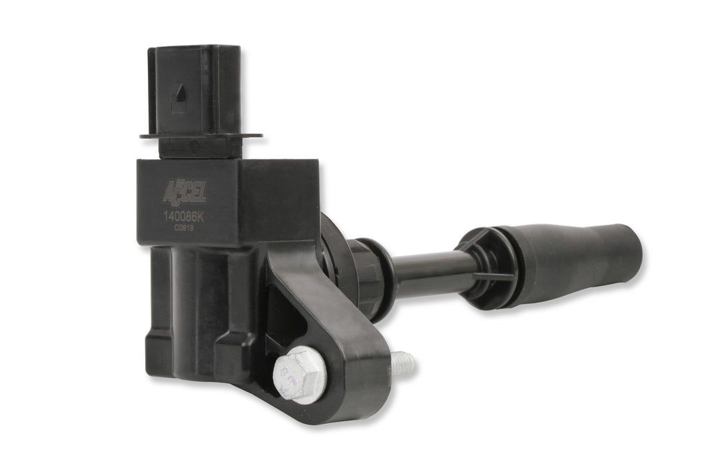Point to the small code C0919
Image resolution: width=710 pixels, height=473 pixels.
click(184, 227)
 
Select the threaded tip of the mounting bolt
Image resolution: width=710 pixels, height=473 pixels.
click(402, 363)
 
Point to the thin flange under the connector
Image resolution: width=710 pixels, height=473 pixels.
click(200, 136)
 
